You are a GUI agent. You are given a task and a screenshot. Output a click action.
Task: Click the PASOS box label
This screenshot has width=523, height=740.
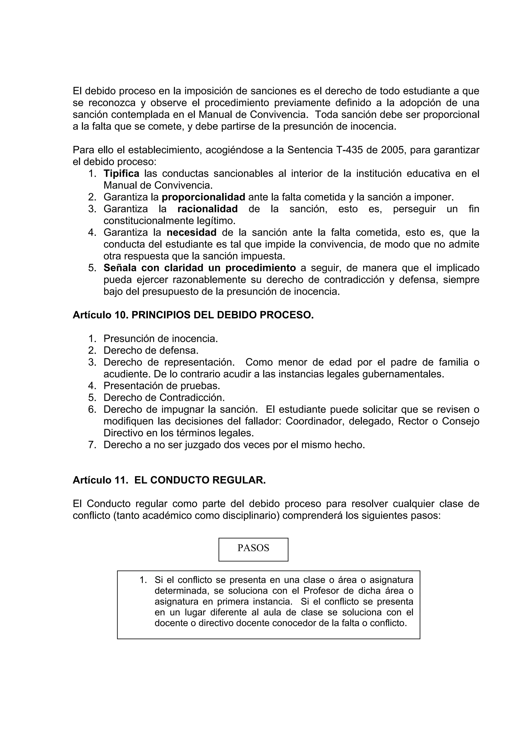point(253,548)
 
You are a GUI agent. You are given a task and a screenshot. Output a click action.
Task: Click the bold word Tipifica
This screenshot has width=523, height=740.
point(122,174)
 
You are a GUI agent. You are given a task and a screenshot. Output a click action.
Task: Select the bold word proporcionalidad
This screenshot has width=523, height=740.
point(203,197)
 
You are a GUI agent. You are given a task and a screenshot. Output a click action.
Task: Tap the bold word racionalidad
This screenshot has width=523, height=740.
point(208,209)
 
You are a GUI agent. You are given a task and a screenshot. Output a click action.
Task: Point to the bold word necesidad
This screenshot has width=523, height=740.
point(192,232)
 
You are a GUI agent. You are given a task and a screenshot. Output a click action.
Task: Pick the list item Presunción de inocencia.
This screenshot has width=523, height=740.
point(160,339)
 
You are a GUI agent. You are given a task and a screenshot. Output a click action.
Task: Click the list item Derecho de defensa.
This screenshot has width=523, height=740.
point(151,350)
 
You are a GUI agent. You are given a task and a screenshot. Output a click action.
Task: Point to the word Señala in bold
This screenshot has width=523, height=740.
point(120,268)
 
